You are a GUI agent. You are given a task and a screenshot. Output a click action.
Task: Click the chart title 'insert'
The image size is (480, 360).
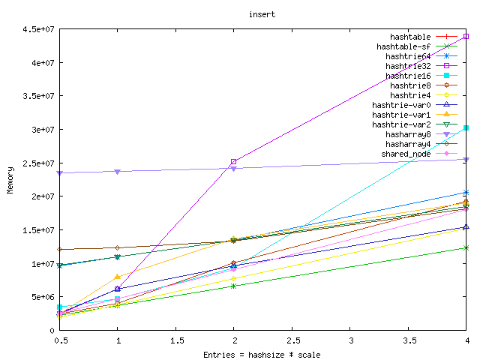tap(258, 13)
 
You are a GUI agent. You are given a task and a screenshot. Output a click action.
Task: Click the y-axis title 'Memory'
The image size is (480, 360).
tap(10, 180)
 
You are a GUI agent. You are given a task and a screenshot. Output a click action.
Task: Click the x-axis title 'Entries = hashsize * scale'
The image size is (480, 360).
tap(262, 354)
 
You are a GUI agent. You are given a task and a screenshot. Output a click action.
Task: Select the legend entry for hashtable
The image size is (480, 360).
tap(410, 37)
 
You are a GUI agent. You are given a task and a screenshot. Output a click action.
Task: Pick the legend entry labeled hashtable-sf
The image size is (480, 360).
tap(403, 46)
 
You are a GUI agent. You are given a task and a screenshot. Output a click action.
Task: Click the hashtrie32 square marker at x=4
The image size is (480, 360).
tap(466, 36)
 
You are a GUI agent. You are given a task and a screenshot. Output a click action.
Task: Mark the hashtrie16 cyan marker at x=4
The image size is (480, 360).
tap(466, 127)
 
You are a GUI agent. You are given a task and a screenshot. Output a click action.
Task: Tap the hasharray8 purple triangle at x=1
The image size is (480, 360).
tap(117, 172)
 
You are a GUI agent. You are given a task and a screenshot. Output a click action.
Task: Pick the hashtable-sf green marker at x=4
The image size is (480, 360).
tap(466, 247)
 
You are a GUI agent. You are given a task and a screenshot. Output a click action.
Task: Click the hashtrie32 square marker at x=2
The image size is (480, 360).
tap(233, 161)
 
